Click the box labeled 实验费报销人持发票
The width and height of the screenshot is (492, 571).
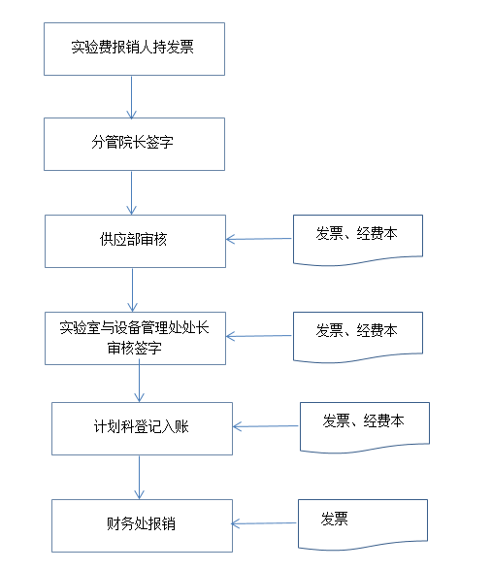(134, 50)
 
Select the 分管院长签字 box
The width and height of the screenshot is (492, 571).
(134, 144)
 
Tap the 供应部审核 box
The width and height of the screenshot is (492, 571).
(136, 241)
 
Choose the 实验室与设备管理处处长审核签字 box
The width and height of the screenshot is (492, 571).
(136, 338)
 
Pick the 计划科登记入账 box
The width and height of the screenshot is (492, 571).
(142, 428)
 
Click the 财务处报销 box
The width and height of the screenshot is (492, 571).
(142, 526)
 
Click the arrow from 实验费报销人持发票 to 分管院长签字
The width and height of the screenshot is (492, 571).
(131, 97)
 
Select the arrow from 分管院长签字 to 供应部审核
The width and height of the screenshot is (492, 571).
(131, 193)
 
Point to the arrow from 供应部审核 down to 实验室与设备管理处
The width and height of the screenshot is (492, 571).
(132, 289)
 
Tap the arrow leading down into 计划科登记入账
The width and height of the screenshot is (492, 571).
(140, 381)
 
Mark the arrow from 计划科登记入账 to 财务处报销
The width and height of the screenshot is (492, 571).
(140, 478)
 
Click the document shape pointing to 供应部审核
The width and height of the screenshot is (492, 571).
(358, 240)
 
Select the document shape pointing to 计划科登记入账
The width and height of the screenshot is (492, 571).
(365, 427)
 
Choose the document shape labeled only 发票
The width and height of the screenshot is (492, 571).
(363, 524)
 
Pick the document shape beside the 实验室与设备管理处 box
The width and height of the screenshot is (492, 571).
(358, 337)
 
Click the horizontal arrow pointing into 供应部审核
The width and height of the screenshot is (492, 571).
(259, 239)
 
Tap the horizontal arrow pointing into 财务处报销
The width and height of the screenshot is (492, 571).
(264, 523)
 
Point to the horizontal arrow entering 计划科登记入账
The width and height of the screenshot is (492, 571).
(266, 426)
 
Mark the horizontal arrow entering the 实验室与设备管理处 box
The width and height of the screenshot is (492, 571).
(259, 336)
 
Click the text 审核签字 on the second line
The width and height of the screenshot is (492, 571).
(134, 348)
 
